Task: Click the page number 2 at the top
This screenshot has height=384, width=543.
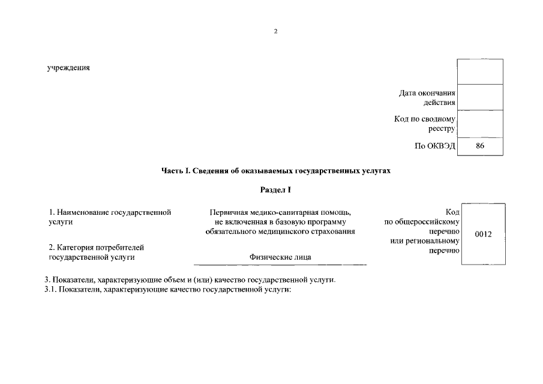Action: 275,32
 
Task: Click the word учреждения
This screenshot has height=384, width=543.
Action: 68,67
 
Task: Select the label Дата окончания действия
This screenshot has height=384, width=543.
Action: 427,97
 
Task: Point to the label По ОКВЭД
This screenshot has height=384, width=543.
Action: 436,146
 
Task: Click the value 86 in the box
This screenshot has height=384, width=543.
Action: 480,146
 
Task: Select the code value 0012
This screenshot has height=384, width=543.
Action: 483,234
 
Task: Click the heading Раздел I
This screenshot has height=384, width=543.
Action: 275,190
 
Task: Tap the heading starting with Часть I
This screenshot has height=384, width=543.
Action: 275,171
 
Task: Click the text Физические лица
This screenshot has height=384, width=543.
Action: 280,257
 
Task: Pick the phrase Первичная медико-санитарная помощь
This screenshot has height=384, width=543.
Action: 280,212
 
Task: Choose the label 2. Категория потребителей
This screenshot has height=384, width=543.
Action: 96,247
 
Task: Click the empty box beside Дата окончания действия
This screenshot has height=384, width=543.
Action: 480,97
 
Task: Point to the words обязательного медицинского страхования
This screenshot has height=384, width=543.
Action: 280,231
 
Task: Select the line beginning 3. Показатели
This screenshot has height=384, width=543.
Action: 190,280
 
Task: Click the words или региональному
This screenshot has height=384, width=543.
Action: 425,241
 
